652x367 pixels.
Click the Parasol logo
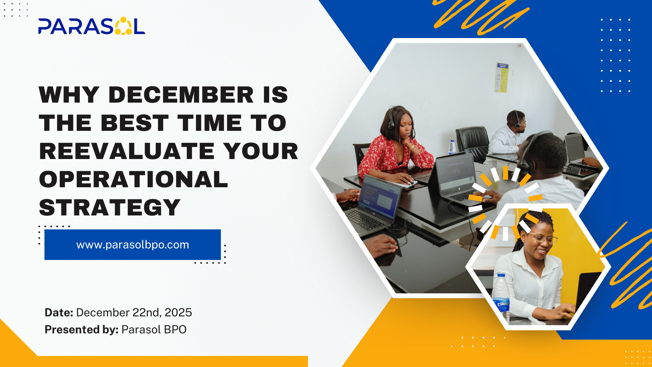[92, 26]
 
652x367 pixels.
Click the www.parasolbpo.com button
[132, 245]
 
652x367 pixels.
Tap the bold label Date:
[59, 312]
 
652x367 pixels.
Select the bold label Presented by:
[81, 329]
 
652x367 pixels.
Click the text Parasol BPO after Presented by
[154, 329]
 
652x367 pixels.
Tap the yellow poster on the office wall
[502, 77]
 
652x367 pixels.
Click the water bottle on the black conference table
[452, 147]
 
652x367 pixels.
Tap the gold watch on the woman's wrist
[412, 147]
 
